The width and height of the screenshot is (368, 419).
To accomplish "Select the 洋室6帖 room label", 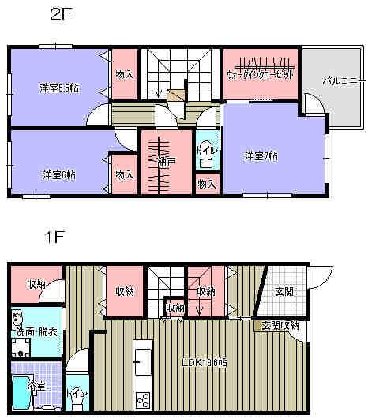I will tap(58, 174).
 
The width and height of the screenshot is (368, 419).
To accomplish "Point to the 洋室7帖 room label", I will tap(261, 156).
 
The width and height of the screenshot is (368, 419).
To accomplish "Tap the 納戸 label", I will tap(166, 163).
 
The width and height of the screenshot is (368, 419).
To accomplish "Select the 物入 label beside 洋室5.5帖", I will tap(123, 75).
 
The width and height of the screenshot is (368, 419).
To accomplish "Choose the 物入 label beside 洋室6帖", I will tap(123, 175).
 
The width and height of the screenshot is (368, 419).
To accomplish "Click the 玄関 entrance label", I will tap(284, 291).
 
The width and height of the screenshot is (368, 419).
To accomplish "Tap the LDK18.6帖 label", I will tap(205, 364).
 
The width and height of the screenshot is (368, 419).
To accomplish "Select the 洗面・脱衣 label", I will tap(36, 332).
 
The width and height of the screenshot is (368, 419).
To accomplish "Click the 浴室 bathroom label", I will tap(36, 388).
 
